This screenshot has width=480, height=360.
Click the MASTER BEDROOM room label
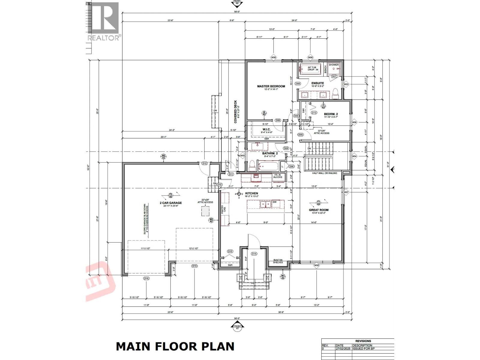pyautogui.click(x=271, y=86)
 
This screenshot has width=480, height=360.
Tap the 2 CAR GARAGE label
pyautogui.click(x=170, y=203)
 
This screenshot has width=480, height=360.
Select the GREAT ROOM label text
pyautogui.click(x=319, y=210)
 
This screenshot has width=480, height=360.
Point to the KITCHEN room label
pyautogui.click(x=251, y=193)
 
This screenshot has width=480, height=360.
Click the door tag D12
pyautogui.click(x=205, y=163)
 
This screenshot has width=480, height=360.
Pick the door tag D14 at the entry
pyautogui.click(x=254, y=253)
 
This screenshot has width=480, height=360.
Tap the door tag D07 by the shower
pyautogui.click(x=334, y=76)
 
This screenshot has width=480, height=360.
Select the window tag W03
pyautogui.click(x=346, y=84)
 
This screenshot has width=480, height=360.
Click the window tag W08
pyautogui.click(x=316, y=265)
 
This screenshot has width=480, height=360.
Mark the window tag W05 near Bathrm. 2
pyautogui.click(x=242, y=156)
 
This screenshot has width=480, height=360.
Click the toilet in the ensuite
pyautogui.click(x=335, y=94)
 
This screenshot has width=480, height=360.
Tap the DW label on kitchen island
pyautogui.click(x=274, y=202)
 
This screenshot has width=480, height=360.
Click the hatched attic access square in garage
pyautogui.click(x=205, y=211)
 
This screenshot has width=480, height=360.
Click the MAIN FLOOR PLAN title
pyautogui.click(x=175, y=346)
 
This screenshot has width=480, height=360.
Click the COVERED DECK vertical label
pyautogui.click(x=235, y=112)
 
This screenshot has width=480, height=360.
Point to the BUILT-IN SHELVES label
pyautogui.click(x=278, y=261)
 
